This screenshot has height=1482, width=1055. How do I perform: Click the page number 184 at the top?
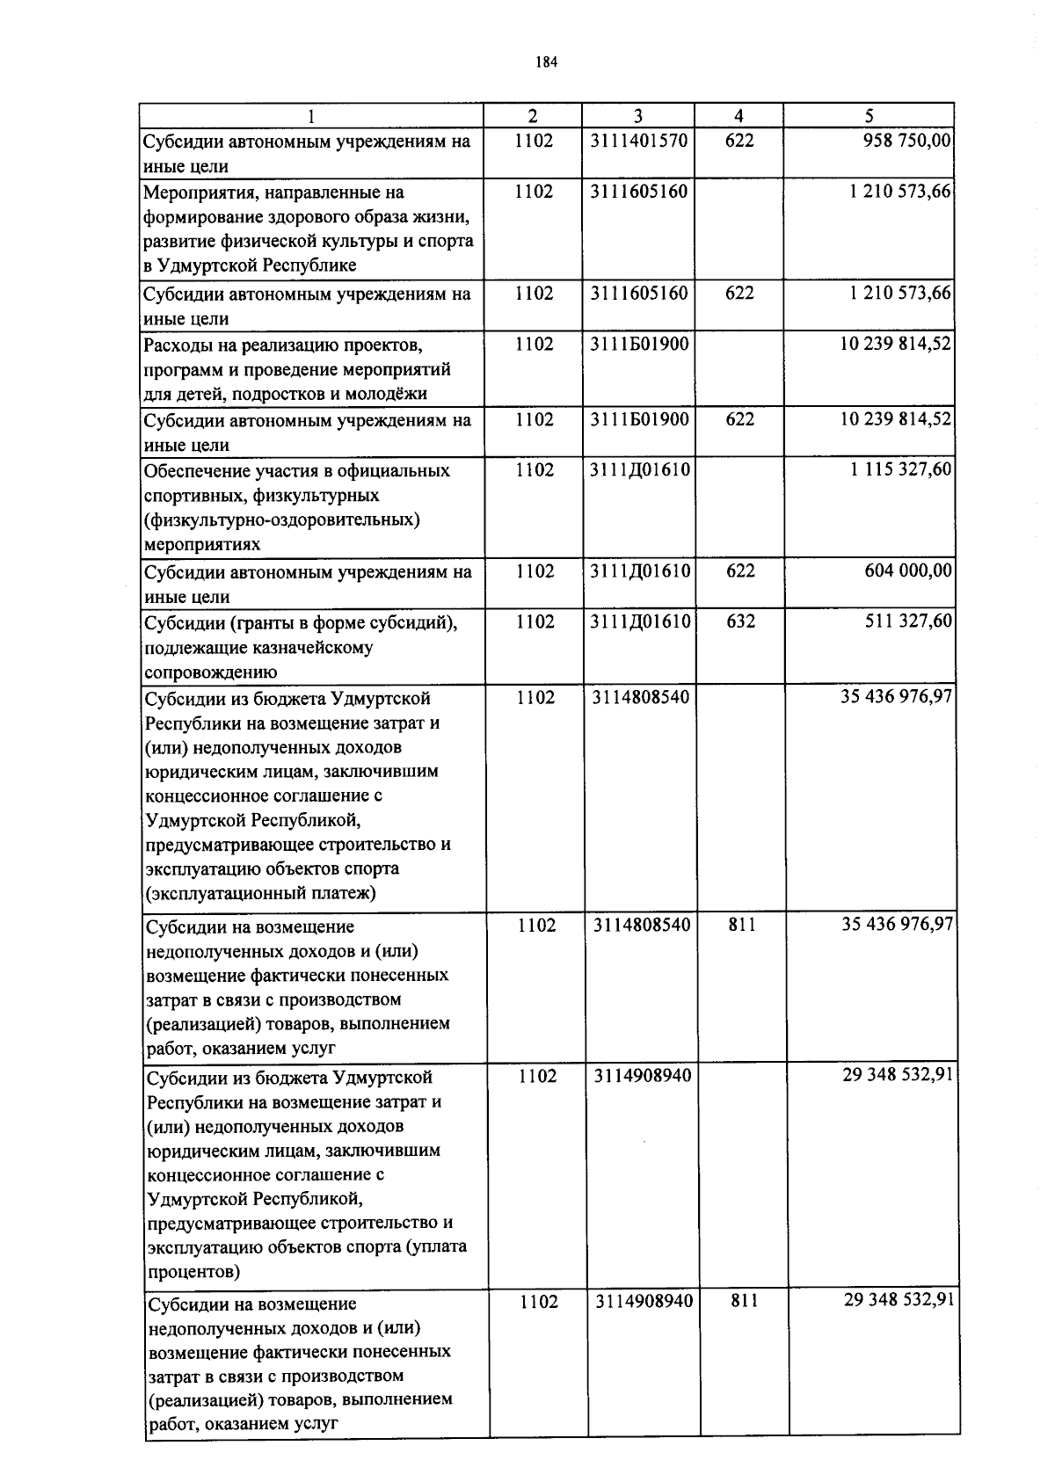(547, 62)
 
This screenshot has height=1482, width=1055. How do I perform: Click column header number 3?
(638, 115)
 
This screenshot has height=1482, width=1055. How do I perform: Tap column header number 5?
(869, 115)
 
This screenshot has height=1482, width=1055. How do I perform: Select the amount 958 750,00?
(907, 141)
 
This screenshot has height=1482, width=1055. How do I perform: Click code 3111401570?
(639, 141)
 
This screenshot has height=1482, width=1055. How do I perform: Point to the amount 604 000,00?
(909, 571)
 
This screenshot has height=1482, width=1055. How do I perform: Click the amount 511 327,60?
(909, 622)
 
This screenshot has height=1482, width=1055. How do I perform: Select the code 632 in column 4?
(739, 622)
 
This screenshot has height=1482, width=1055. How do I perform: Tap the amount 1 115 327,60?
(900, 470)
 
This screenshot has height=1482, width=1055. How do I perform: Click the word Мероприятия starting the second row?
(200, 192)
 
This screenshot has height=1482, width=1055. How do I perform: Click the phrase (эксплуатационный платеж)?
(261, 894)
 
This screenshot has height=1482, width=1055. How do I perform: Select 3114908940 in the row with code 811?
(644, 1301)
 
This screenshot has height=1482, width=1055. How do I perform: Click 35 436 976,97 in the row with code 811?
(897, 925)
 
